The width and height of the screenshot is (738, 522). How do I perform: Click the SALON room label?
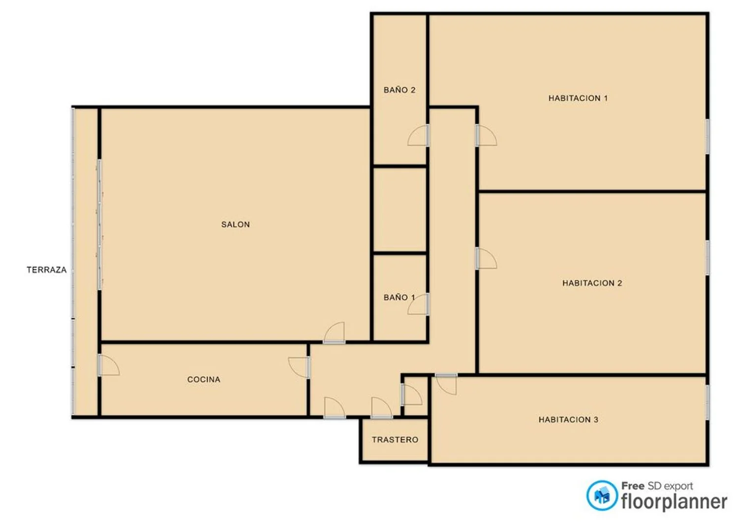point(235,225)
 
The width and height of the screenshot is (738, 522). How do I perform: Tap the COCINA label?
point(204,380)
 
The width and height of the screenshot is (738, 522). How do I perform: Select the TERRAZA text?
point(46,270)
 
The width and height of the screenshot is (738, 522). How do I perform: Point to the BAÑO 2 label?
point(400,90)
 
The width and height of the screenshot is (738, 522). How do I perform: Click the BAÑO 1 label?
point(399,298)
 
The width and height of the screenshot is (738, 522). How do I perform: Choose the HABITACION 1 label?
point(578,98)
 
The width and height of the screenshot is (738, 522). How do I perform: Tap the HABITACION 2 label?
point(592,283)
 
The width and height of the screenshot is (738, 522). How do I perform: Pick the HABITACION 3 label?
point(568,420)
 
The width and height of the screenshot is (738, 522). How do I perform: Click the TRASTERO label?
point(395,440)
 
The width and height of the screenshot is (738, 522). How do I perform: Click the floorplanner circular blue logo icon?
point(602,495)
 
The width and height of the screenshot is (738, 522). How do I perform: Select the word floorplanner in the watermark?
point(674,502)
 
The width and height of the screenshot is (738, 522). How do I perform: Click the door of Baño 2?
point(418,135)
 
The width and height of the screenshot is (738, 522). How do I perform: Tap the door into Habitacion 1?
point(486,135)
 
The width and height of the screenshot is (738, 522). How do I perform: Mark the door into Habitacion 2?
point(486,258)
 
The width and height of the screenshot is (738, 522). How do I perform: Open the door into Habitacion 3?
point(446,384)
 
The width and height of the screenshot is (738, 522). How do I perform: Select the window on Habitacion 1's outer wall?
point(707,136)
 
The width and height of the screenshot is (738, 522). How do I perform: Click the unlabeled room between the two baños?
point(400,210)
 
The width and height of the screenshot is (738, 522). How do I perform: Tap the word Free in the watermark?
point(633,486)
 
